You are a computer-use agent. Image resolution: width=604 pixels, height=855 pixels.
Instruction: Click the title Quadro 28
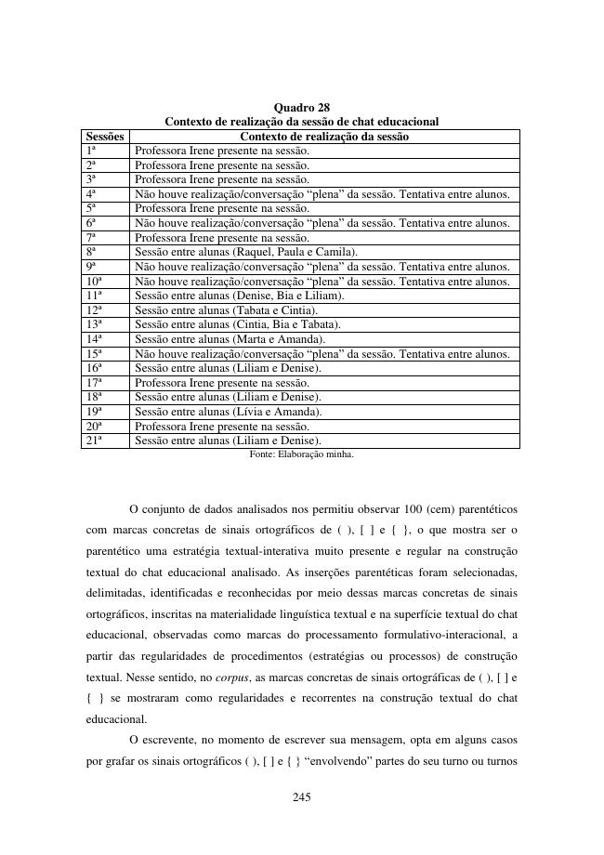pos(301,108)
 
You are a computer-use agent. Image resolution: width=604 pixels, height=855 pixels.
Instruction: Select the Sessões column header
pos(104,137)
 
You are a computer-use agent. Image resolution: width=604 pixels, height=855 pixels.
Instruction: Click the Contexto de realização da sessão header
pos(323,137)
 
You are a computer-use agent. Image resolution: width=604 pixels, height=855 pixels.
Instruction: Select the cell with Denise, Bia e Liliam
pos(240,296)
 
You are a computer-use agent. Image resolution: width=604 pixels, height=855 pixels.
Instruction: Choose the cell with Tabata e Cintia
pos(227,310)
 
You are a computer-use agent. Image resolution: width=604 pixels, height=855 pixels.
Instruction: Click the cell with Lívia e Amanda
pos(229,412)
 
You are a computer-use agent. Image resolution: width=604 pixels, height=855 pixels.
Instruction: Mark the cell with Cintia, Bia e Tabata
pos(238,324)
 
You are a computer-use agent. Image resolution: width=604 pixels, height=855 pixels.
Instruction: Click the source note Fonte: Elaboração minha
pos(301,454)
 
